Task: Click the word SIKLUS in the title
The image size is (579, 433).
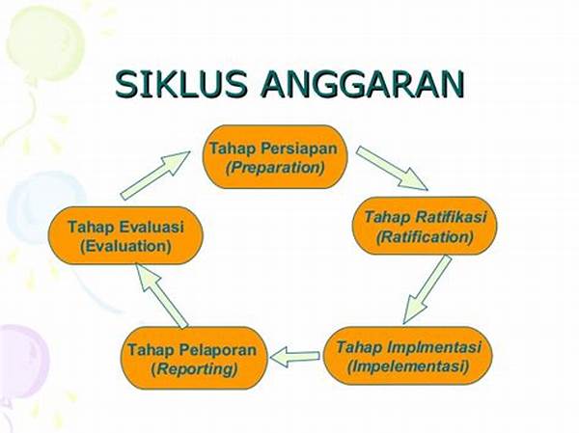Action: point(181,84)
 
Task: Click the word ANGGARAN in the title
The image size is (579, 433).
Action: point(362,85)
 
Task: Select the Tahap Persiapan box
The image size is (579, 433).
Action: point(275,156)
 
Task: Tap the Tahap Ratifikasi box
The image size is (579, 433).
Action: point(425,226)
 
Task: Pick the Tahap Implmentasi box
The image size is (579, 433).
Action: point(408,356)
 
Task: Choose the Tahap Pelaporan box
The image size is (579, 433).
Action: point(194,358)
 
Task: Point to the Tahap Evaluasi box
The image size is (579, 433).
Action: point(125,235)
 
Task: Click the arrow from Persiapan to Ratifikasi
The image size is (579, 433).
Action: point(392,169)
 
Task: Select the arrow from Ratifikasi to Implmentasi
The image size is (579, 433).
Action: point(427,289)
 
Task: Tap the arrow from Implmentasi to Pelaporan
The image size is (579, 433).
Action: point(294,357)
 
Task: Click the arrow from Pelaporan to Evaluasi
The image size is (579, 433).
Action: point(161,295)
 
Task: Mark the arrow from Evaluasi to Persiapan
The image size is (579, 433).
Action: point(155,176)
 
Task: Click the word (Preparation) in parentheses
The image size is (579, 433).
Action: point(275,168)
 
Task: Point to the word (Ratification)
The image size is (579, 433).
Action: point(425,236)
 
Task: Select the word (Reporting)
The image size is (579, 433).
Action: point(194,368)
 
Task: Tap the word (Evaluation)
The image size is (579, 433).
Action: point(125,246)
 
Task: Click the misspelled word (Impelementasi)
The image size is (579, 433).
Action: point(408,366)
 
